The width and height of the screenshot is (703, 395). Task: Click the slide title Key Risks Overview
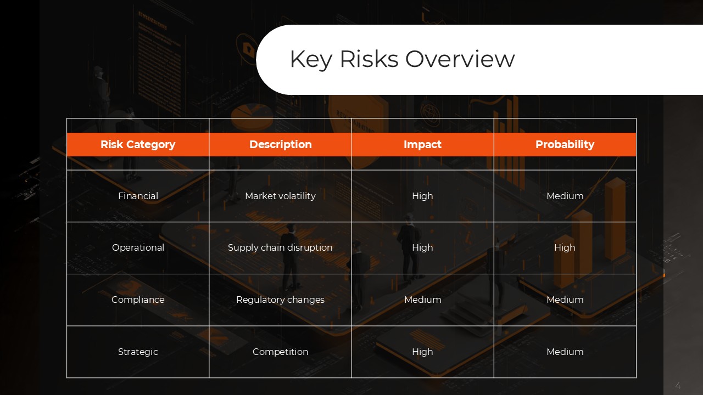402,59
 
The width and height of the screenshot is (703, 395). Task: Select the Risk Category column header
138,144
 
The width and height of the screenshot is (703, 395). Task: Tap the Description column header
280,144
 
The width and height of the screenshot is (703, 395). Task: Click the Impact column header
422,144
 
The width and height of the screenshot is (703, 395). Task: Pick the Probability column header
565,144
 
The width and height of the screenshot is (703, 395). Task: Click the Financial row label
138,196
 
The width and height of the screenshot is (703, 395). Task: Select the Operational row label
138,247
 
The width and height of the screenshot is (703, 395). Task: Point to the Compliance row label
138,300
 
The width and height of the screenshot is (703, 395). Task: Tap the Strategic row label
138,352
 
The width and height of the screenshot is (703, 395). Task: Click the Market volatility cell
280,196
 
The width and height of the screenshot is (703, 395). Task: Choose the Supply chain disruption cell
280,247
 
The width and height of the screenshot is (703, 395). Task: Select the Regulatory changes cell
280,300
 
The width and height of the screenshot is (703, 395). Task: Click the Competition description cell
280,352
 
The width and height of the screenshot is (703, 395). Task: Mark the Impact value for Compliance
422,300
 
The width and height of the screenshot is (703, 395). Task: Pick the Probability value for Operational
565,247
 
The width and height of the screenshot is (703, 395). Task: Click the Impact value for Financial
422,196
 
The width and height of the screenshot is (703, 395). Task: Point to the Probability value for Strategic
565,352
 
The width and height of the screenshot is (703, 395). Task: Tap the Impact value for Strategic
422,352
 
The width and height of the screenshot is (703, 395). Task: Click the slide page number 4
678,386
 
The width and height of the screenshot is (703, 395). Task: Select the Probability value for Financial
565,196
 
